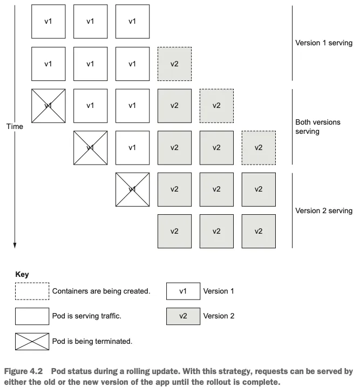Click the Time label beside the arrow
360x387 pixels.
tap(15, 126)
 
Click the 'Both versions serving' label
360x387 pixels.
tap(318, 127)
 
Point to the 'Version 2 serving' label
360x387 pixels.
tap(324, 211)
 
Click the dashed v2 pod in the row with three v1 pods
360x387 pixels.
tap(174, 64)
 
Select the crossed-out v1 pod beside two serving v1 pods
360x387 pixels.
tap(48, 106)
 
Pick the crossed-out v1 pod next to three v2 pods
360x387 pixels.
tap(132, 189)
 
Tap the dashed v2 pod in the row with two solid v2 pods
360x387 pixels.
tap(259, 147)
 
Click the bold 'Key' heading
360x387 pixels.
tap(22, 274)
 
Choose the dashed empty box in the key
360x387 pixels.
tap(32, 291)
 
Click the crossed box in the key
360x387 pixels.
tap(32, 341)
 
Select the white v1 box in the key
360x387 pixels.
tap(183, 291)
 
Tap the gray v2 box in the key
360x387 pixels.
tap(183, 316)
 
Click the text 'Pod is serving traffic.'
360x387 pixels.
tap(86, 316)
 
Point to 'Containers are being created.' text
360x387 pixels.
tap(101, 291)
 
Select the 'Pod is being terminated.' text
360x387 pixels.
tap(92, 341)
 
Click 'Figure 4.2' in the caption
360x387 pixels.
tap(22, 372)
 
